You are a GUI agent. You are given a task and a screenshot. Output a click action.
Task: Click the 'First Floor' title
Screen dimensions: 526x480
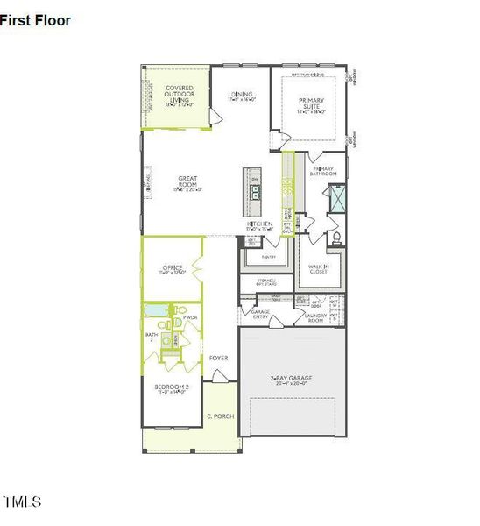(x=36, y=20)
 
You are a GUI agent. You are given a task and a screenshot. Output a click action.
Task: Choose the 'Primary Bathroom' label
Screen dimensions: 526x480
(x=323, y=171)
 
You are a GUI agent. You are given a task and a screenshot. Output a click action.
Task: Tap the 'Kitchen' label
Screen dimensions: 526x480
(x=259, y=224)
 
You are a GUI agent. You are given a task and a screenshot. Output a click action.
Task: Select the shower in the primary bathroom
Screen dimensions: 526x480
(x=337, y=201)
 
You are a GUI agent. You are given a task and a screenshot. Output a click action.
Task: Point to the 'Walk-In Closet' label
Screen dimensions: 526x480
(x=318, y=269)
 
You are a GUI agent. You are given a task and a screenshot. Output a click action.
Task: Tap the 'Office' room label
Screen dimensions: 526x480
(x=173, y=269)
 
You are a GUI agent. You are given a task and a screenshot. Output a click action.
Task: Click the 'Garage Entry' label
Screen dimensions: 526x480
(x=260, y=314)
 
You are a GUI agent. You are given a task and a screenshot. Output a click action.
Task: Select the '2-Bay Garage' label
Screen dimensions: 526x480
(x=291, y=379)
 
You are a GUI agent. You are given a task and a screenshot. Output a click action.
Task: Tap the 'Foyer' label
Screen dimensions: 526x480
(x=218, y=358)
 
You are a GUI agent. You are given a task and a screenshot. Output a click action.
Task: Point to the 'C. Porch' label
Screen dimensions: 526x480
(x=217, y=416)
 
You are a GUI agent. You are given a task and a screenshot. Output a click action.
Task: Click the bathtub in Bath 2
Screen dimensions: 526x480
(x=159, y=310)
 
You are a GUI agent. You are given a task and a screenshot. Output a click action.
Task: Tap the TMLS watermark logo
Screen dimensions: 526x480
(x=22, y=502)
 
